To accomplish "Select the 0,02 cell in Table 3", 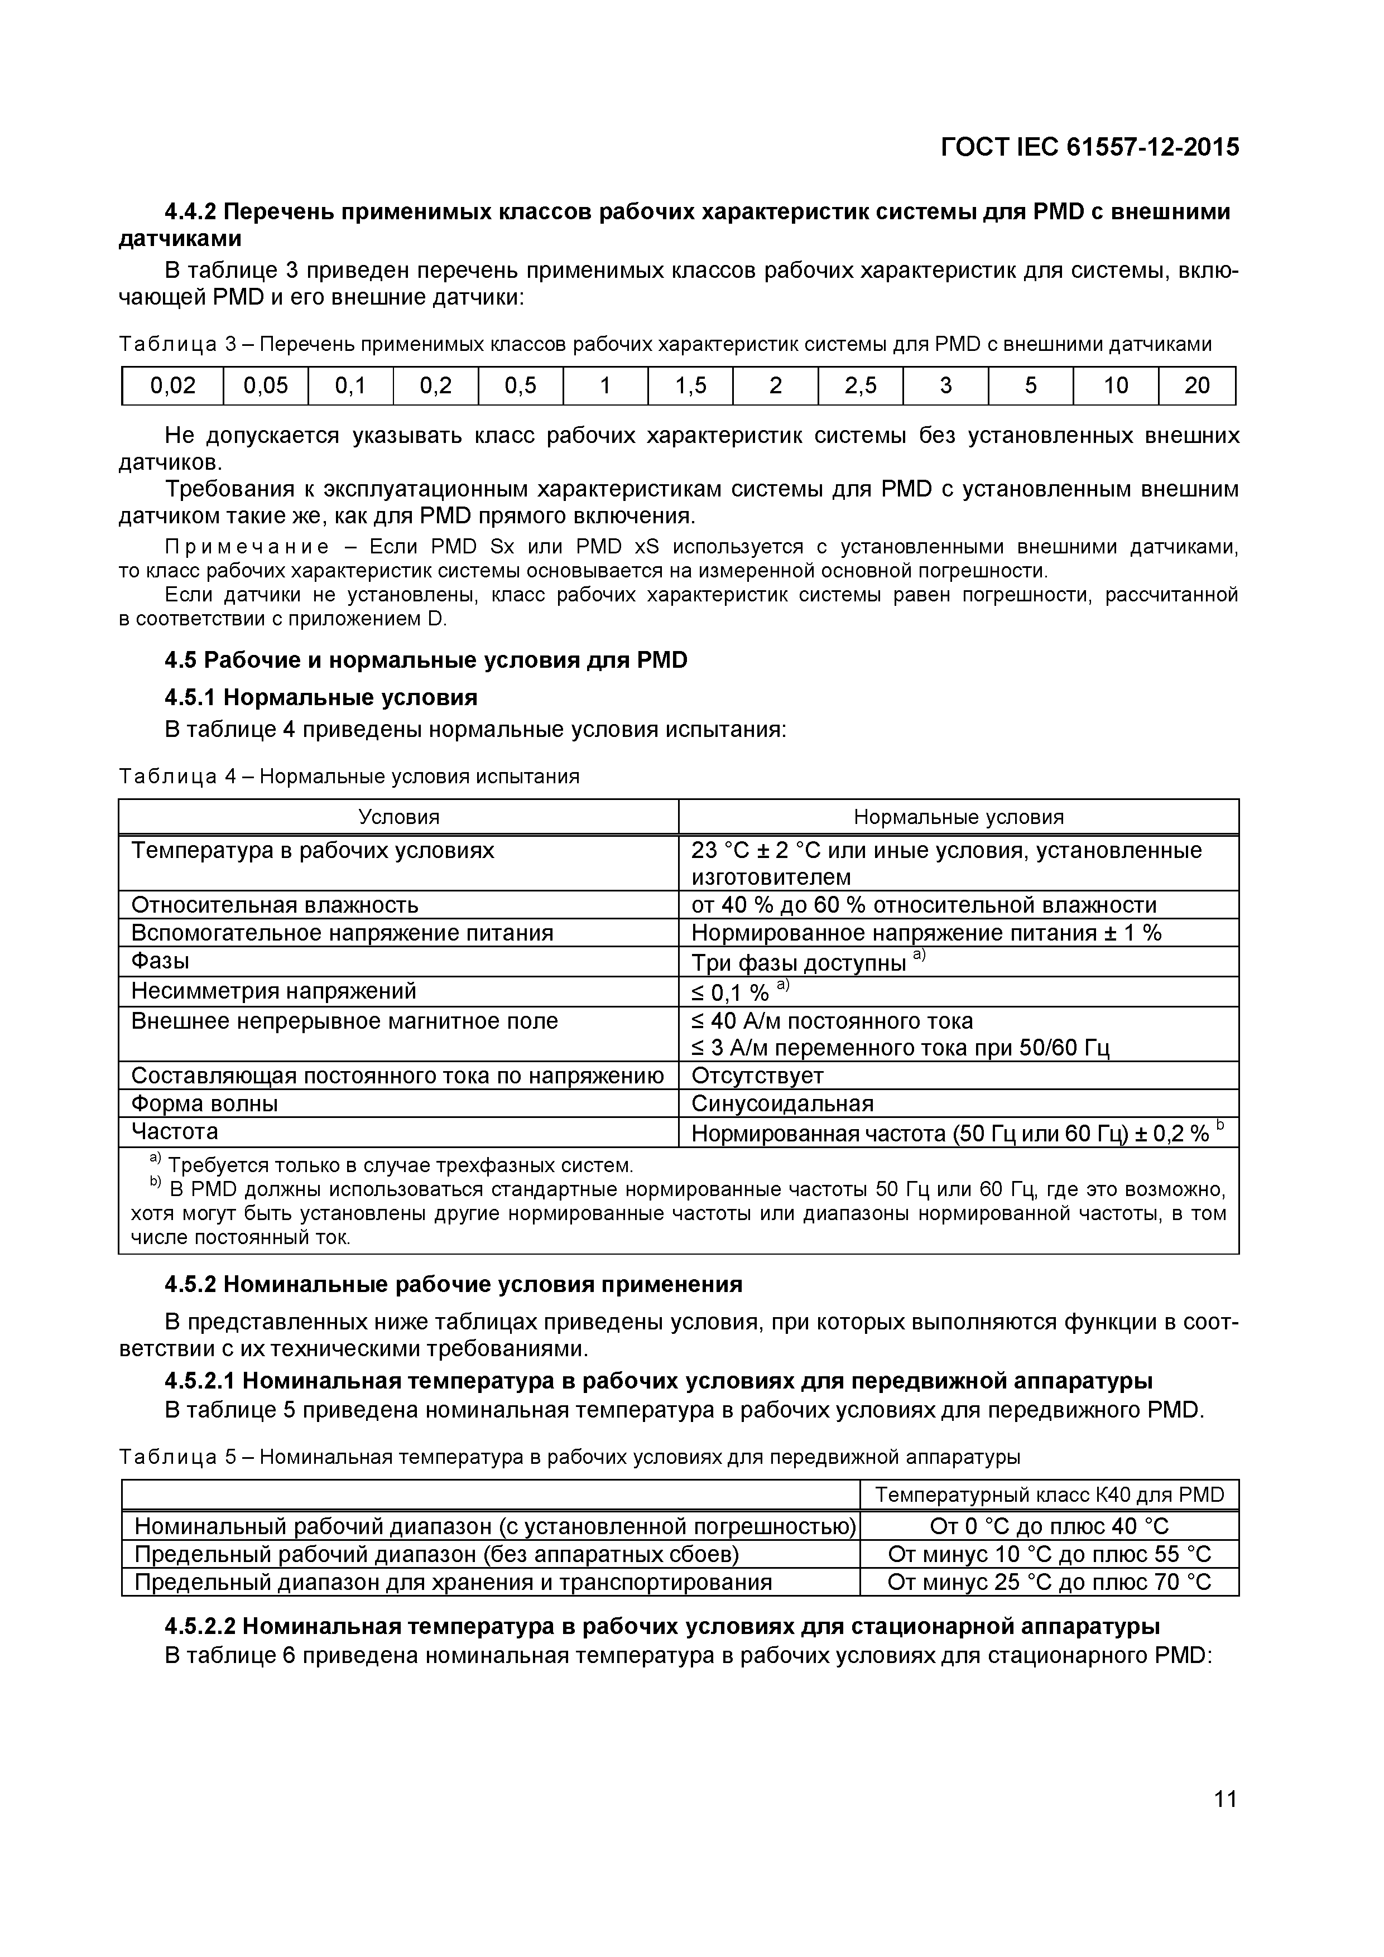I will pyautogui.click(x=172, y=386).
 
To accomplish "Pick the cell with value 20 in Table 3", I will pyautogui.click(x=1196, y=386).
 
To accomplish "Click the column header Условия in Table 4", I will pyautogui.click(x=398, y=817).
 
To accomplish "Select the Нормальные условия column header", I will pyautogui.click(x=959, y=817).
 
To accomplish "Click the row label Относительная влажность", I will pyautogui.click(x=275, y=904).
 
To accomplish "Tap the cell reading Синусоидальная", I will pyautogui.click(x=782, y=1104).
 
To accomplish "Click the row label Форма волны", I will pyautogui.click(x=205, y=1104).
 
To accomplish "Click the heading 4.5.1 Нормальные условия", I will pyautogui.click(x=321, y=697).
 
